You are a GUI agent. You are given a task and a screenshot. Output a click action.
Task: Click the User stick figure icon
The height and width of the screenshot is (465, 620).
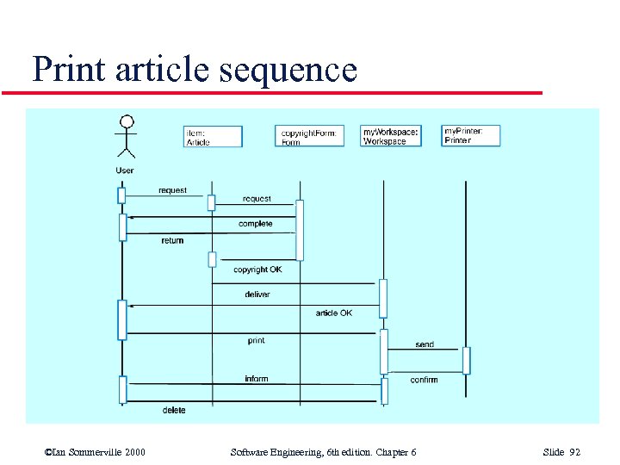coord(127,138)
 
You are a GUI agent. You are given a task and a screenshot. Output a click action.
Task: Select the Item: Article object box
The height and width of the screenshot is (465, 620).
coord(214,137)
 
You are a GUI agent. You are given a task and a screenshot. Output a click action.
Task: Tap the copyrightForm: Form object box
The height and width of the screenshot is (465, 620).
coord(309,136)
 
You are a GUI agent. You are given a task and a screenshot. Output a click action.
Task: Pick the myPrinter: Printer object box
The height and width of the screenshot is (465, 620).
coord(471,135)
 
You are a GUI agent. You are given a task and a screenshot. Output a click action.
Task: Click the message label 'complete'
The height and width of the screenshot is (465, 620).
coord(256,224)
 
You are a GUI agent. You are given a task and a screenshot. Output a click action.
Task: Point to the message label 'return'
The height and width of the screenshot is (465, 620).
coord(172,241)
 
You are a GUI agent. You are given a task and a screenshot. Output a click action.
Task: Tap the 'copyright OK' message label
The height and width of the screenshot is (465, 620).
coord(257,270)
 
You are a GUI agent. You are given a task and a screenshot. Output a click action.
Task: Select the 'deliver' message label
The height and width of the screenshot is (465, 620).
coord(257,294)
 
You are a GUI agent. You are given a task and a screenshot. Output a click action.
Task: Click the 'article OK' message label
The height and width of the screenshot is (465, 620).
coord(333,313)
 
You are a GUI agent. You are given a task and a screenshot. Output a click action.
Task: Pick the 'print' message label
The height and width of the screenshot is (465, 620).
coord(257,341)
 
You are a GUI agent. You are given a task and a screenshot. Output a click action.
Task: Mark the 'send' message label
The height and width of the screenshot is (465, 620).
coord(425,344)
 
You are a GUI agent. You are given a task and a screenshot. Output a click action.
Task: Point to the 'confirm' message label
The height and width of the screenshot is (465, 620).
coord(424,380)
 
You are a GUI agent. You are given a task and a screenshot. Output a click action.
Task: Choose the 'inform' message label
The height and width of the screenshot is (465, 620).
coord(257,379)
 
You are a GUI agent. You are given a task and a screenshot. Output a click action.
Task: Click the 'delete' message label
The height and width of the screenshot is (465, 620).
coord(174,411)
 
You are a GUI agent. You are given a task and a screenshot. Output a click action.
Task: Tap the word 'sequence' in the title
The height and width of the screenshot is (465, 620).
coord(288,69)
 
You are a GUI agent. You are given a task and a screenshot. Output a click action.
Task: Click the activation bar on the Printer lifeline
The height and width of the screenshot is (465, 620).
coord(467,360)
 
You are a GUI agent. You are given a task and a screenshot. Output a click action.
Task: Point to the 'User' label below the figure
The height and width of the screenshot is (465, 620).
coord(125,170)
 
